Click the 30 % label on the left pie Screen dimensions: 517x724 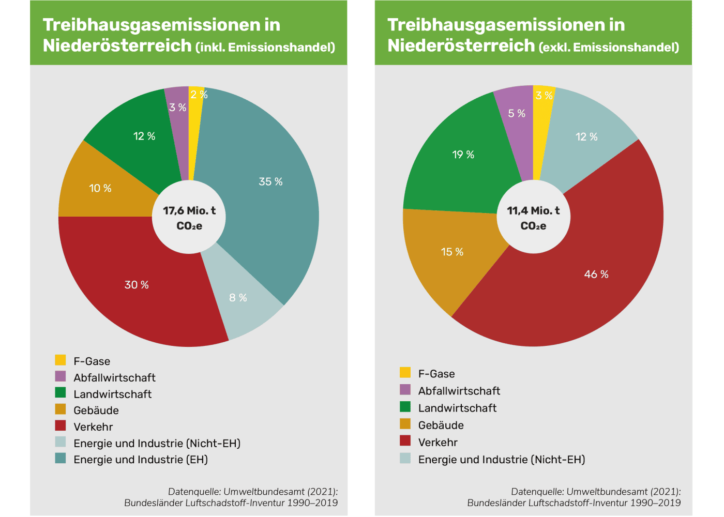[x=137, y=285]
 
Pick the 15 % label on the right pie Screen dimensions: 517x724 [x=452, y=252]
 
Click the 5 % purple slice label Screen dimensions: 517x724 [x=516, y=113]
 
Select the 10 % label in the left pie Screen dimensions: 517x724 [x=100, y=188]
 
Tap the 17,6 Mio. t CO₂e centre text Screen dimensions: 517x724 [x=189, y=218]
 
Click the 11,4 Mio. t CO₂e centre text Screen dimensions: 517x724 [x=533, y=218]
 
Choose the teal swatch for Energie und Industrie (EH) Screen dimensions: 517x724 [x=61, y=458]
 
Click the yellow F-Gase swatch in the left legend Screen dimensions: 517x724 [x=61, y=360]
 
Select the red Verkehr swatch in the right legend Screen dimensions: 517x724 [x=405, y=441]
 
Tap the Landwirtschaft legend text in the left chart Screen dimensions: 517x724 [x=112, y=394]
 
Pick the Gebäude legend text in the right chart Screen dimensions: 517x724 [x=441, y=425]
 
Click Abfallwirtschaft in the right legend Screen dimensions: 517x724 [x=459, y=391]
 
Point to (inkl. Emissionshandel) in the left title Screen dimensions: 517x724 [x=265, y=48]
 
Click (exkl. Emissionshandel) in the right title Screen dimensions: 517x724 [x=609, y=48]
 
